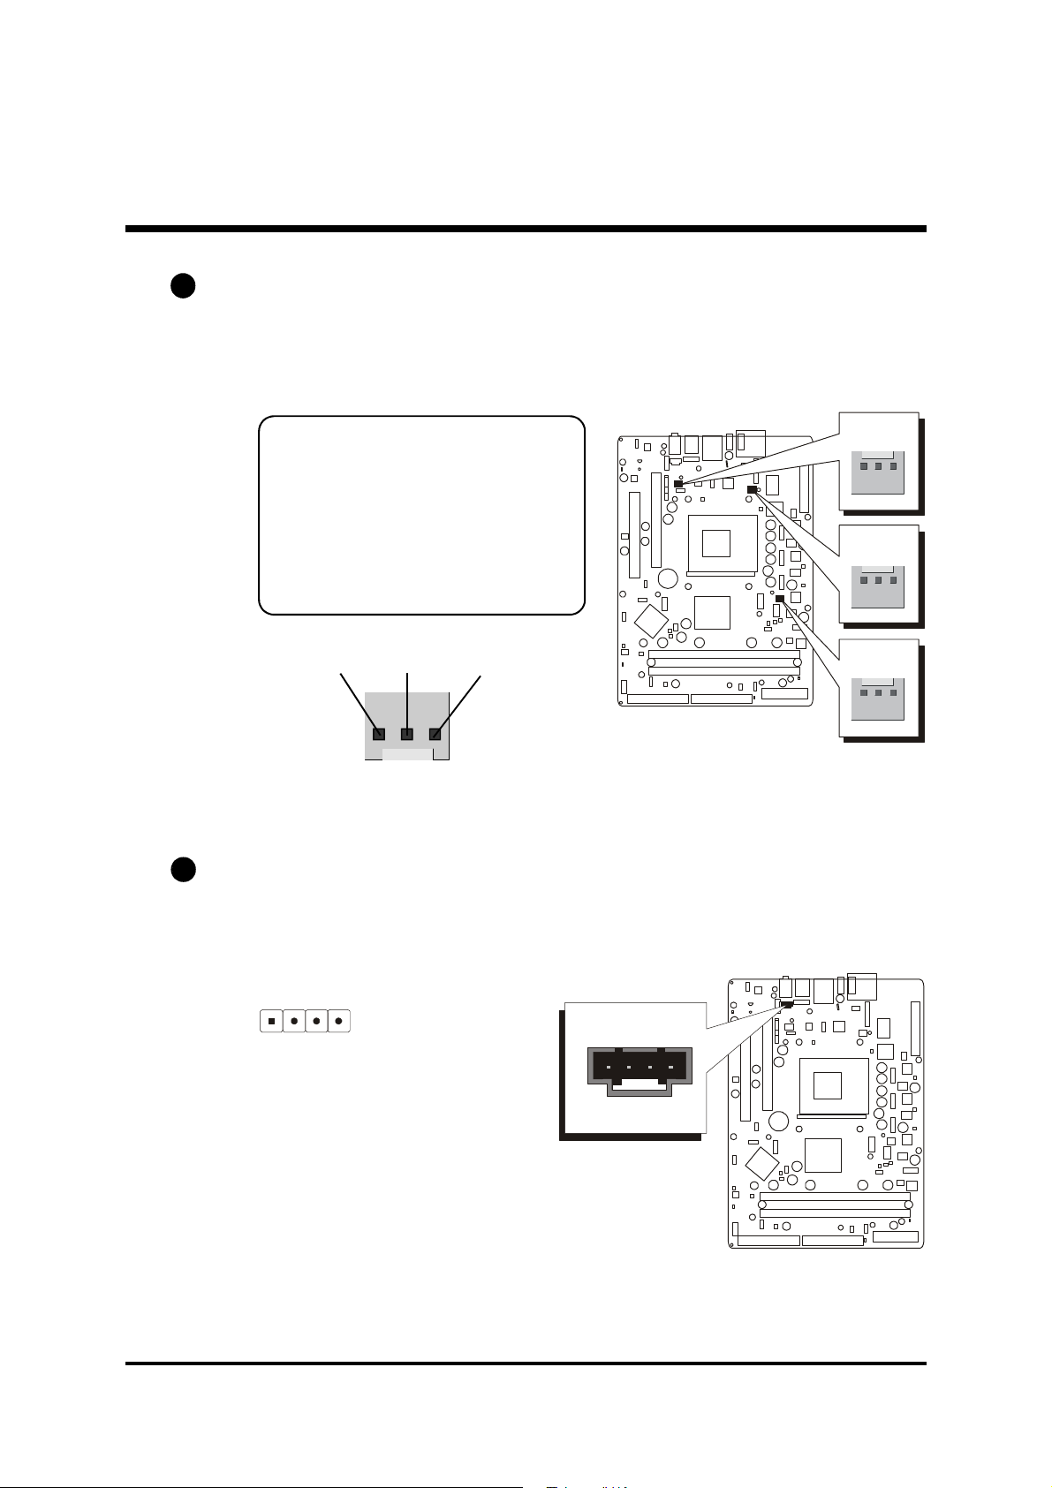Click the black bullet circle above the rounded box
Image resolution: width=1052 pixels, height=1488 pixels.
(183, 287)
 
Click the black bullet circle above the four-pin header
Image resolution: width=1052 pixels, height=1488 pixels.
(183, 869)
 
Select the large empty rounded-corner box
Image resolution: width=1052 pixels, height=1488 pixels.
(421, 515)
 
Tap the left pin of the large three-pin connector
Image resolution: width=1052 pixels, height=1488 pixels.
(379, 734)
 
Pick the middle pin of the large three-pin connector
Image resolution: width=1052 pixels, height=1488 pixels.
(407, 734)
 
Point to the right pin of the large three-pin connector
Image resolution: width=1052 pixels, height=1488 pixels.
(435, 734)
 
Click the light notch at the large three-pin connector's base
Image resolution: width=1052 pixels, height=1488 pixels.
(408, 754)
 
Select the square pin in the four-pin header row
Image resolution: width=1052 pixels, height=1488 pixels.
(271, 1021)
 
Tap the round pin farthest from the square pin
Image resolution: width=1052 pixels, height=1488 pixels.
(339, 1021)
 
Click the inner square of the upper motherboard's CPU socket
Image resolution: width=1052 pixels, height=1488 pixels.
(716, 542)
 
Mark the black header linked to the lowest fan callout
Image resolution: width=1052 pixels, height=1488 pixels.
(780, 599)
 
